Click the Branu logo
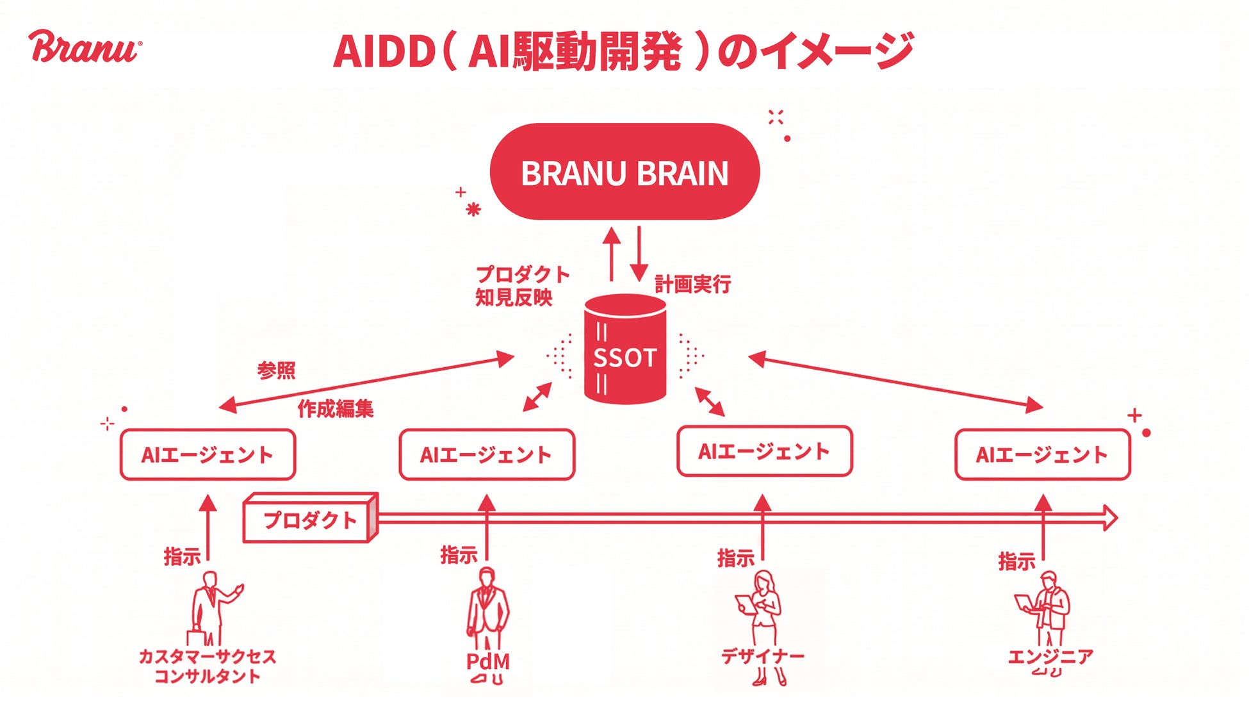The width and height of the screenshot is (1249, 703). [x=85, y=47]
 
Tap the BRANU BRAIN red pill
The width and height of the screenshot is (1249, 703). [x=624, y=172]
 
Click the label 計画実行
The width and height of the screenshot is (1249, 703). [x=692, y=284]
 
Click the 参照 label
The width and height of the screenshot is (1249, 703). [x=276, y=370]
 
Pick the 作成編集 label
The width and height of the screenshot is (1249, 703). [x=335, y=409]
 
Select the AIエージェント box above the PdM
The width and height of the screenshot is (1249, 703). [x=487, y=454]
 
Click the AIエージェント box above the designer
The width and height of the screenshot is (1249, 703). [x=764, y=451]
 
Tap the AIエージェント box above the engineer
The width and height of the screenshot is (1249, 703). [x=1042, y=454]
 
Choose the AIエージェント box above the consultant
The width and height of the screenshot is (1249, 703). [x=208, y=454]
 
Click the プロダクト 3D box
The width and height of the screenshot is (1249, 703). [x=310, y=520]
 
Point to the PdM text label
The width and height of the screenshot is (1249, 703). [x=487, y=661]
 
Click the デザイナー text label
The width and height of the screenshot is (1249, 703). [x=762, y=656]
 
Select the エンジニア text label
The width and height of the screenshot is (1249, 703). [x=1050, y=656]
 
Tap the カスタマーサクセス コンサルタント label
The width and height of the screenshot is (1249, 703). [x=208, y=666]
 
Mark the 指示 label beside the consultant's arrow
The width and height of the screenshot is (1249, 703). [x=182, y=556]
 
